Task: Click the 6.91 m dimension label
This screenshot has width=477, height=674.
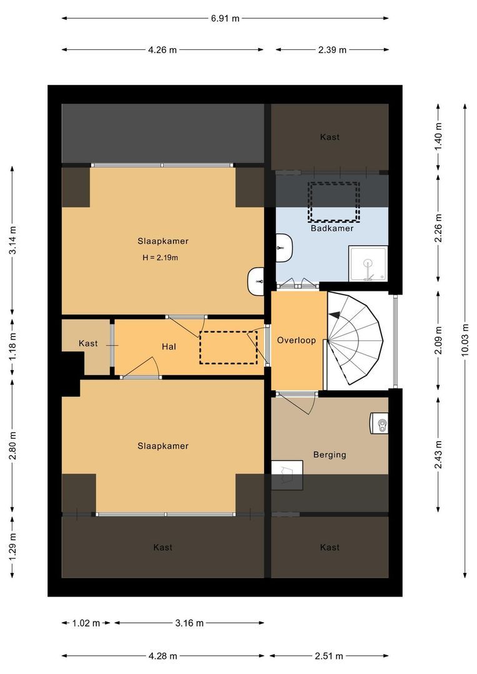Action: click(x=225, y=19)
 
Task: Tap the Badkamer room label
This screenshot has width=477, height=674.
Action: click(x=332, y=228)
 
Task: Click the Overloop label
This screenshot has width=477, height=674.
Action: click(x=297, y=341)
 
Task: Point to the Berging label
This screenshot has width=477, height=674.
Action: click(x=330, y=454)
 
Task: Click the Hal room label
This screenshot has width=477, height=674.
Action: click(x=169, y=346)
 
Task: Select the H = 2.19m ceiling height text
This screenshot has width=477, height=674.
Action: click(x=160, y=258)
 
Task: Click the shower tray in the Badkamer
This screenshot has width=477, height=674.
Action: click(x=368, y=263)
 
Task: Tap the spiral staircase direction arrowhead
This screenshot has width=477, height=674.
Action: click(x=334, y=315)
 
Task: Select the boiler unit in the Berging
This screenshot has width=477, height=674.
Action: click(x=379, y=423)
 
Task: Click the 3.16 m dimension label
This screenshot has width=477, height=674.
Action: click(x=189, y=623)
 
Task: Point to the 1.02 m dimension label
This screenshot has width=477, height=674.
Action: click(x=86, y=623)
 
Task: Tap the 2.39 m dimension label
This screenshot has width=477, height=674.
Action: click(x=332, y=50)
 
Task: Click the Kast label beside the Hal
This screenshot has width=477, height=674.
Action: click(x=88, y=343)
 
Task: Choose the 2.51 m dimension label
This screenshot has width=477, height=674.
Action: click(x=329, y=656)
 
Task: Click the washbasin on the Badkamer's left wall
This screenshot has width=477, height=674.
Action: click(x=284, y=248)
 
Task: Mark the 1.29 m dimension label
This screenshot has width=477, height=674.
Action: click(x=12, y=547)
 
